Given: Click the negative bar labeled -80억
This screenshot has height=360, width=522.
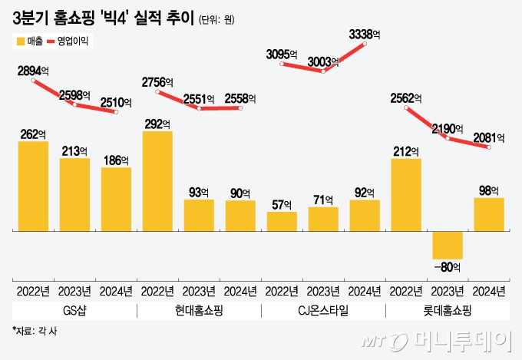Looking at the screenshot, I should pyautogui.click(x=448, y=245).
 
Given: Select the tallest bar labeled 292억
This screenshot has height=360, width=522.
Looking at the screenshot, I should pyautogui.click(x=157, y=180).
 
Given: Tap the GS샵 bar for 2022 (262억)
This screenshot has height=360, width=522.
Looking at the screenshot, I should pyautogui.click(x=33, y=186).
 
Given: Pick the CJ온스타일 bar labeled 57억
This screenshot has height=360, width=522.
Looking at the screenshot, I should pyautogui.click(x=282, y=221).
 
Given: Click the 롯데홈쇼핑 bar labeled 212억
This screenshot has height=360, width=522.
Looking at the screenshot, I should pyautogui.click(x=406, y=194).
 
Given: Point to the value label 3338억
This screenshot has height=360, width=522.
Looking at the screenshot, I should pyautogui.click(x=368, y=34).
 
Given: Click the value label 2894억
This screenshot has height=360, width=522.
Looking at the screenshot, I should pyautogui.click(x=34, y=70).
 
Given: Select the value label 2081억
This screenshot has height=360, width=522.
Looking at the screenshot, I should pyautogui.click(x=488, y=137).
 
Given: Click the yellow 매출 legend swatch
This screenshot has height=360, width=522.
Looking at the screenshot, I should pyautogui.click(x=18, y=41).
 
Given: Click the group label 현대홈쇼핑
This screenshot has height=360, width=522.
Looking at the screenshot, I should pyautogui.click(x=199, y=311).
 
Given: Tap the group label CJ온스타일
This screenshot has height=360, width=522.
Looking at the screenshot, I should pyautogui.click(x=323, y=311).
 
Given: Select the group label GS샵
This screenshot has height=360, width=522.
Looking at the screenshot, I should pyautogui.click(x=74, y=311).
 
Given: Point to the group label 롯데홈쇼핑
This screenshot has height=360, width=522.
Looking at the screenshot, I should pyautogui.click(x=448, y=311).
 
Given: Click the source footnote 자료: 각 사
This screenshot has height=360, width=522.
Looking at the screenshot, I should pyautogui.click(x=36, y=332).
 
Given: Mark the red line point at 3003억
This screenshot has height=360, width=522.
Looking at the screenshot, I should pyautogui.click(x=323, y=71).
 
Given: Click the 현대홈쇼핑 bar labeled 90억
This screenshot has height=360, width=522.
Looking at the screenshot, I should pyautogui.click(x=240, y=216).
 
